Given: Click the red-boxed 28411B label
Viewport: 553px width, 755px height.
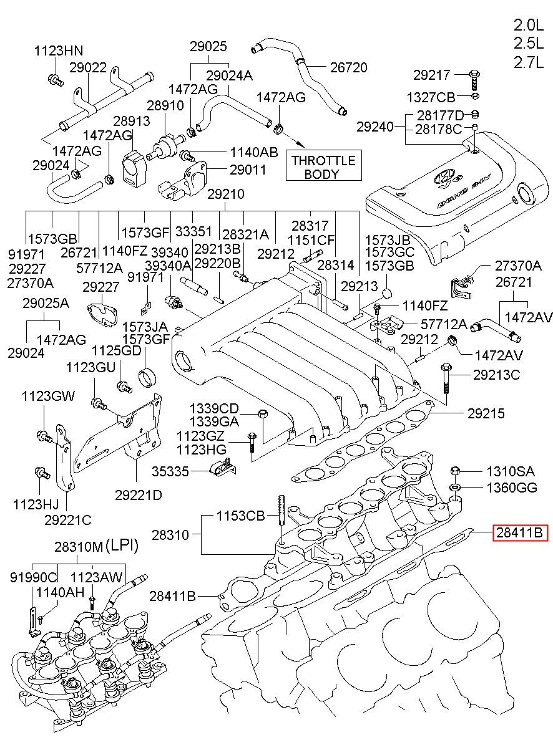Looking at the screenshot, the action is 520,532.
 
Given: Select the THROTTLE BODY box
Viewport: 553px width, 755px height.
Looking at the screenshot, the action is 323,165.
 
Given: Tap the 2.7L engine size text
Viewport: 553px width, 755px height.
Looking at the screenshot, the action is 529,62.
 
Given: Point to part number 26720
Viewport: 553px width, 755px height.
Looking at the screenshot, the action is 348,67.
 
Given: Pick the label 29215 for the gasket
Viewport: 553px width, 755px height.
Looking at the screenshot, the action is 486,413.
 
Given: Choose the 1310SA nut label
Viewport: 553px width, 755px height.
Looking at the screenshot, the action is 510,471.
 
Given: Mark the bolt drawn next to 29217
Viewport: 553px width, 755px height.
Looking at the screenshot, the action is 474,80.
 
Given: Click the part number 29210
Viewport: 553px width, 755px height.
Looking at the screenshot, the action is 226,194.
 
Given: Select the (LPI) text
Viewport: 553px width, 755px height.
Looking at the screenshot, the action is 122,545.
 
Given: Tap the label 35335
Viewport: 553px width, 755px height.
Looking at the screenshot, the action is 170,471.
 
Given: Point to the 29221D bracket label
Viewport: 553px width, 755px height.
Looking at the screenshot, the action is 139,495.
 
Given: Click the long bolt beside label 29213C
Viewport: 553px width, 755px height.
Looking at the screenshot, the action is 446,378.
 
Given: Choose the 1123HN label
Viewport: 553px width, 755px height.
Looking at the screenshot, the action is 59,51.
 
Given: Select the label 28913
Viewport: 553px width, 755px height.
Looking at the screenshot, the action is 131,121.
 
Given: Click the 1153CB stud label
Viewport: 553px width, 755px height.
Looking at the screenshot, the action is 240,516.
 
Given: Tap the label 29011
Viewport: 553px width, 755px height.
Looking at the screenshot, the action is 248,170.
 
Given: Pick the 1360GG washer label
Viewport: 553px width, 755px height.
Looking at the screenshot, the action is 512,488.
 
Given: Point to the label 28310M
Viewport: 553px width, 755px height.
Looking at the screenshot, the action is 79,547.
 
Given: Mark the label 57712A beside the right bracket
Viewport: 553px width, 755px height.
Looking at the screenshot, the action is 444,324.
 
